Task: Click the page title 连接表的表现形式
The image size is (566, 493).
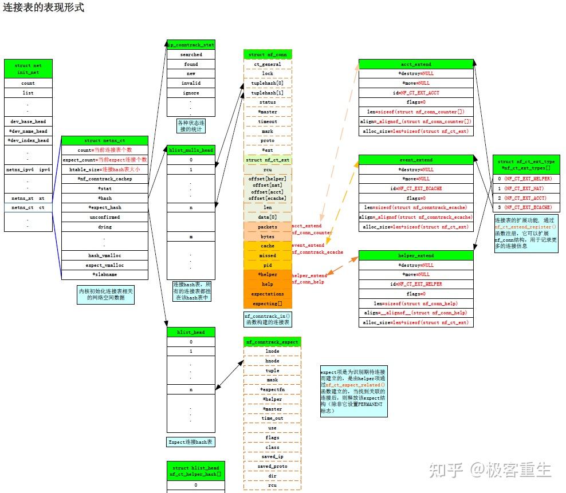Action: pyautogui.click(x=44, y=8)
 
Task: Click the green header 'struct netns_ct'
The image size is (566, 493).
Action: pyautogui.click(x=105, y=140)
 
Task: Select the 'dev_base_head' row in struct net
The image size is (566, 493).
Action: pyautogui.click(x=28, y=121)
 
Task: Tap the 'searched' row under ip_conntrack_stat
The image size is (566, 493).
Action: pyautogui.click(x=191, y=54)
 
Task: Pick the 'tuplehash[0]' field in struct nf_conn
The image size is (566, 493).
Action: pyautogui.click(x=268, y=83)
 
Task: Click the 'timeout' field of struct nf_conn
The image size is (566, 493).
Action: pyautogui.click(x=268, y=121)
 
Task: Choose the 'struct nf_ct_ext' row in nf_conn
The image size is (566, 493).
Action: pyautogui.click(x=268, y=160)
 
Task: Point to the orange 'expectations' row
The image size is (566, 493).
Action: pyautogui.click(x=268, y=294)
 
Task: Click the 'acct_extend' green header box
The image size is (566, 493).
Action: pyautogui.click(x=416, y=64)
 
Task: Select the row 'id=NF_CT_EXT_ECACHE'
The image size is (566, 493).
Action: pyautogui.click(x=416, y=188)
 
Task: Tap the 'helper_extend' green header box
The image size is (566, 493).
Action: pyautogui.click(x=416, y=255)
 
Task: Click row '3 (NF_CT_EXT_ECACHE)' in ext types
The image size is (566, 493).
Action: pyautogui.click(x=525, y=207)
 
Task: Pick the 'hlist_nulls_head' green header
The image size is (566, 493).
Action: pyautogui.click(x=191, y=150)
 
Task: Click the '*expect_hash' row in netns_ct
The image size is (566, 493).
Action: pyautogui.click(x=105, y=207)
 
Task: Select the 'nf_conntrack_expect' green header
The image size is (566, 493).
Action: pyautogui.click(x=272, y=342)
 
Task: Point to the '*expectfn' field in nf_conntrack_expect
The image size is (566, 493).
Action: pyautogui.click(x=272, y=389)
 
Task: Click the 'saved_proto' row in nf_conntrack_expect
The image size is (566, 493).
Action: pyautogui.click(x=272, y=466)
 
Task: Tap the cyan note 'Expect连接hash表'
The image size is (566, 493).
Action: pyautogui.click(x=191, y=442)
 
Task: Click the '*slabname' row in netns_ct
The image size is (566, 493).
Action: pyautogui.click(x=105, y=275)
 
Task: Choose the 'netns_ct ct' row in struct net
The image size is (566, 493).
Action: pyautogui.click(x=28, y=207)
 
